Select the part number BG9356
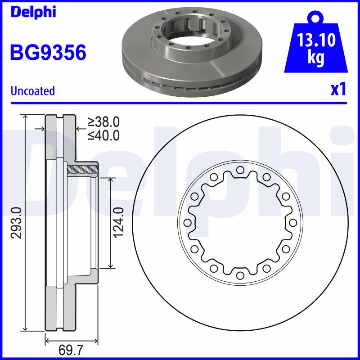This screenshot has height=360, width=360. click(x=48, y=52)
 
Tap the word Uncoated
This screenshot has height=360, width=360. click(x=33, y=91)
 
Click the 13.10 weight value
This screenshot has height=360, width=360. click(x=316, y=40)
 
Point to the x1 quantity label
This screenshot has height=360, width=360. click(x=338, y=89)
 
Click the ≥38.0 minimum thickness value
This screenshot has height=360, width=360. click(x=103, y=121)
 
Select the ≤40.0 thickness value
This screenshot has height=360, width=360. click(x=103, y=135)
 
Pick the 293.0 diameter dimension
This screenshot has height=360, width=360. click(x=17, y=223)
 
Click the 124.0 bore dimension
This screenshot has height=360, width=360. click(x=119, y=222)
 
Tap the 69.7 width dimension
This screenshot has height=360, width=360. click(x=71, y=351)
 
